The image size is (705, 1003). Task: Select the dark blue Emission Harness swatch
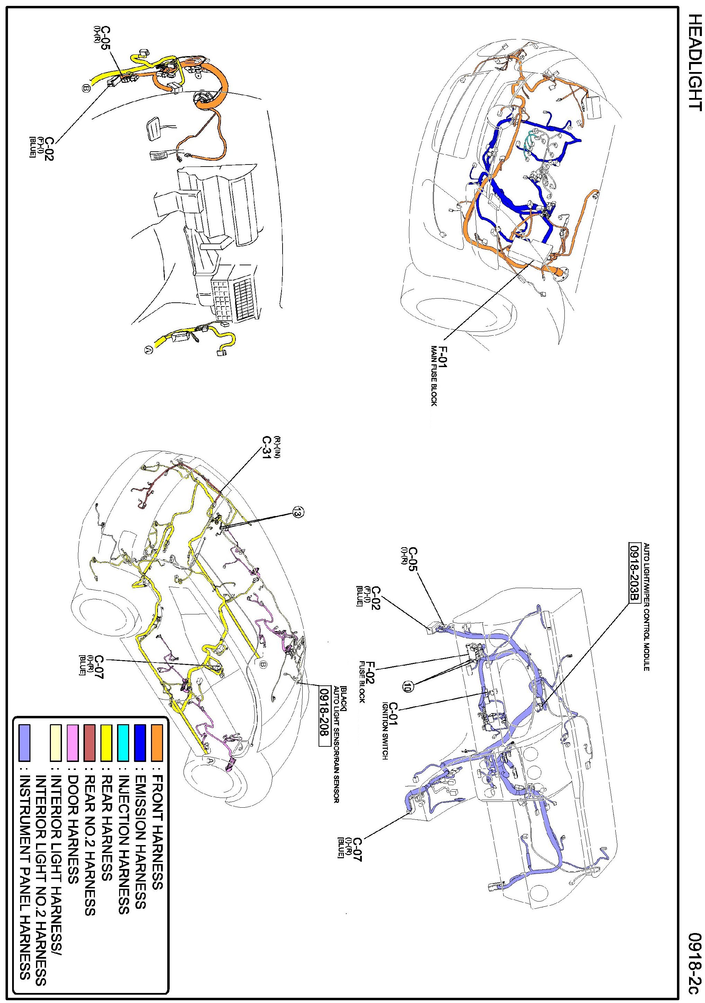click(140, 743)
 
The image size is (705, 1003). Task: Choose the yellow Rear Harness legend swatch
click(107, 743)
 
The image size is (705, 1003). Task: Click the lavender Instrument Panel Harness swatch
click(25, 743)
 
